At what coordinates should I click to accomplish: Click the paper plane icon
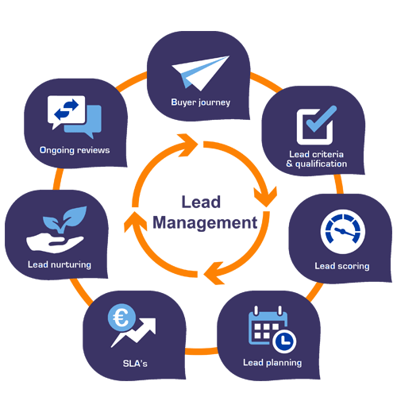(201, 73)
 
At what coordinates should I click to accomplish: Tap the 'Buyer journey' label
(201, 102)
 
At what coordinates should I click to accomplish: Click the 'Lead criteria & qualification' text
(317, 159)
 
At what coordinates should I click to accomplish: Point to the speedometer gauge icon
(343, 232)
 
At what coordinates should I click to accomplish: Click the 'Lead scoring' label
(342, 266)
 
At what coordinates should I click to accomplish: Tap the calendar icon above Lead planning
(268, 326)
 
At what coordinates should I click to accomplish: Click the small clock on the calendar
(284, 341)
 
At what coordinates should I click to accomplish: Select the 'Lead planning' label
(272, 363)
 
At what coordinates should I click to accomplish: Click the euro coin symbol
(121, 318)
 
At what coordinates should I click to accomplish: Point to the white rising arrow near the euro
(133, 333)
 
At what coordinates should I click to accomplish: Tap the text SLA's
(135, 364)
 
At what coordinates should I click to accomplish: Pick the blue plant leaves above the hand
(65, 220)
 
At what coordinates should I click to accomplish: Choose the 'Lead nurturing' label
(60, 264)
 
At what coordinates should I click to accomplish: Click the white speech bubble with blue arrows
(66, 111)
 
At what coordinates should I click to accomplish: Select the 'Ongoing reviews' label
(75, 150)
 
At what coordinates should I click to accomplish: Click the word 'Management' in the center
(205, 223)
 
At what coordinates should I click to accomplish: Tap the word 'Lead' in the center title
(201, 202)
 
